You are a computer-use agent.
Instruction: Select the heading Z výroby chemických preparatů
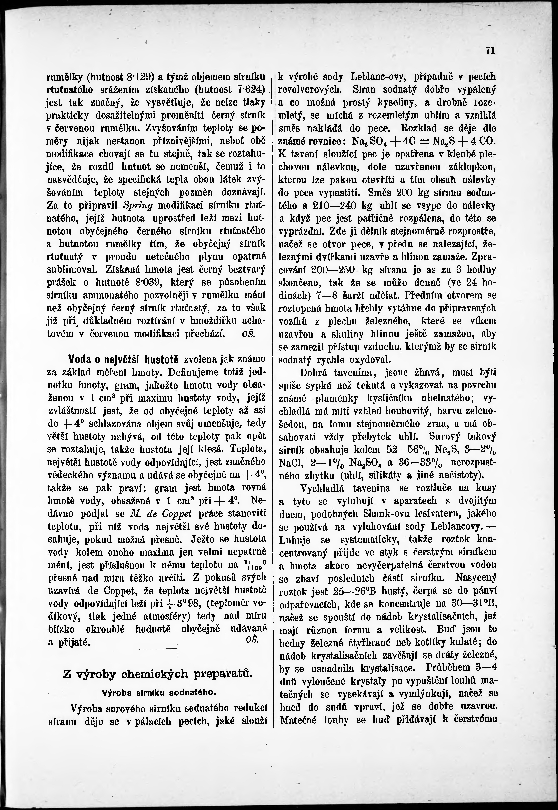(157, 674)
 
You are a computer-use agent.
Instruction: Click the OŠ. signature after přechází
(249, 333)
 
